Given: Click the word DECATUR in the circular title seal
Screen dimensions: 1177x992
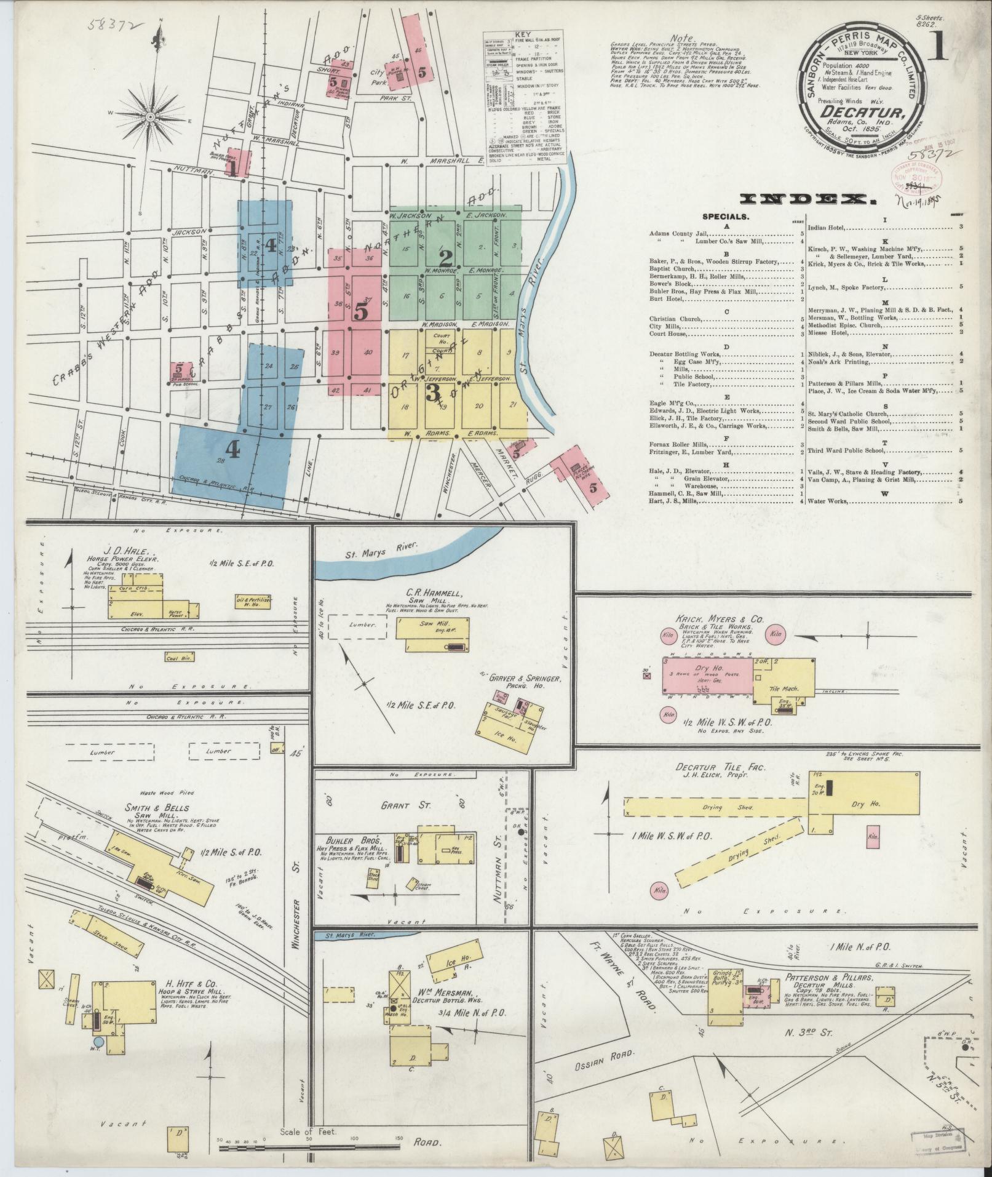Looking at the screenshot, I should click(x=859, y=113).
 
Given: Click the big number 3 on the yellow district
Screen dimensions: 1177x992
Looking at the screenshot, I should click(x=432, y=392).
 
